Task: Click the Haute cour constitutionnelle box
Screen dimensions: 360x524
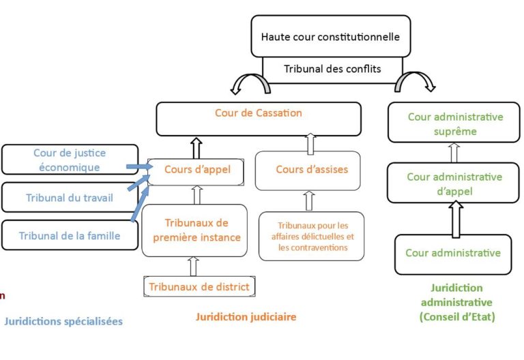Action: (x=331, y=36)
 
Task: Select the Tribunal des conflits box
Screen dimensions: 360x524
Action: (x=332, y=69)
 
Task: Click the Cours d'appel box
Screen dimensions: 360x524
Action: (x=197, y=172)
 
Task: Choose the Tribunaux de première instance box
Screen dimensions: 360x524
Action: (x=195, y=230)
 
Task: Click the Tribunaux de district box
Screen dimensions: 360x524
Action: (x=199, y=286)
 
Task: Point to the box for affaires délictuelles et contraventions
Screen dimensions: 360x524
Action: (x=312, y=236)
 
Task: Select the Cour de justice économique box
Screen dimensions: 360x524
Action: (x=70, y=160)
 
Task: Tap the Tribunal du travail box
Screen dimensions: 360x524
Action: (x=70, y=198)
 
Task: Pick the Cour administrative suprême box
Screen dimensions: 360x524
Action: (x=455, y=124)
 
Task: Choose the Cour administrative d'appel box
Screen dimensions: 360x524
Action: (x=454, y=183)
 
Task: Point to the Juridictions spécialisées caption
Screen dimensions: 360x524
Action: (x=63, y=320)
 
